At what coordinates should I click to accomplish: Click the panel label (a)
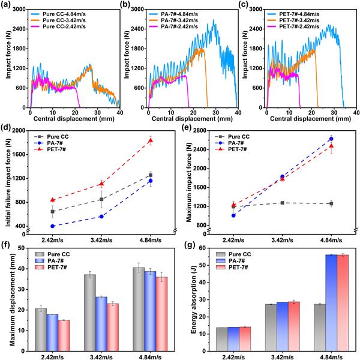8,5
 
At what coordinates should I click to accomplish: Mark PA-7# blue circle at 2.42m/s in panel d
53,226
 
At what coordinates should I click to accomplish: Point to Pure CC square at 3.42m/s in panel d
101,199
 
